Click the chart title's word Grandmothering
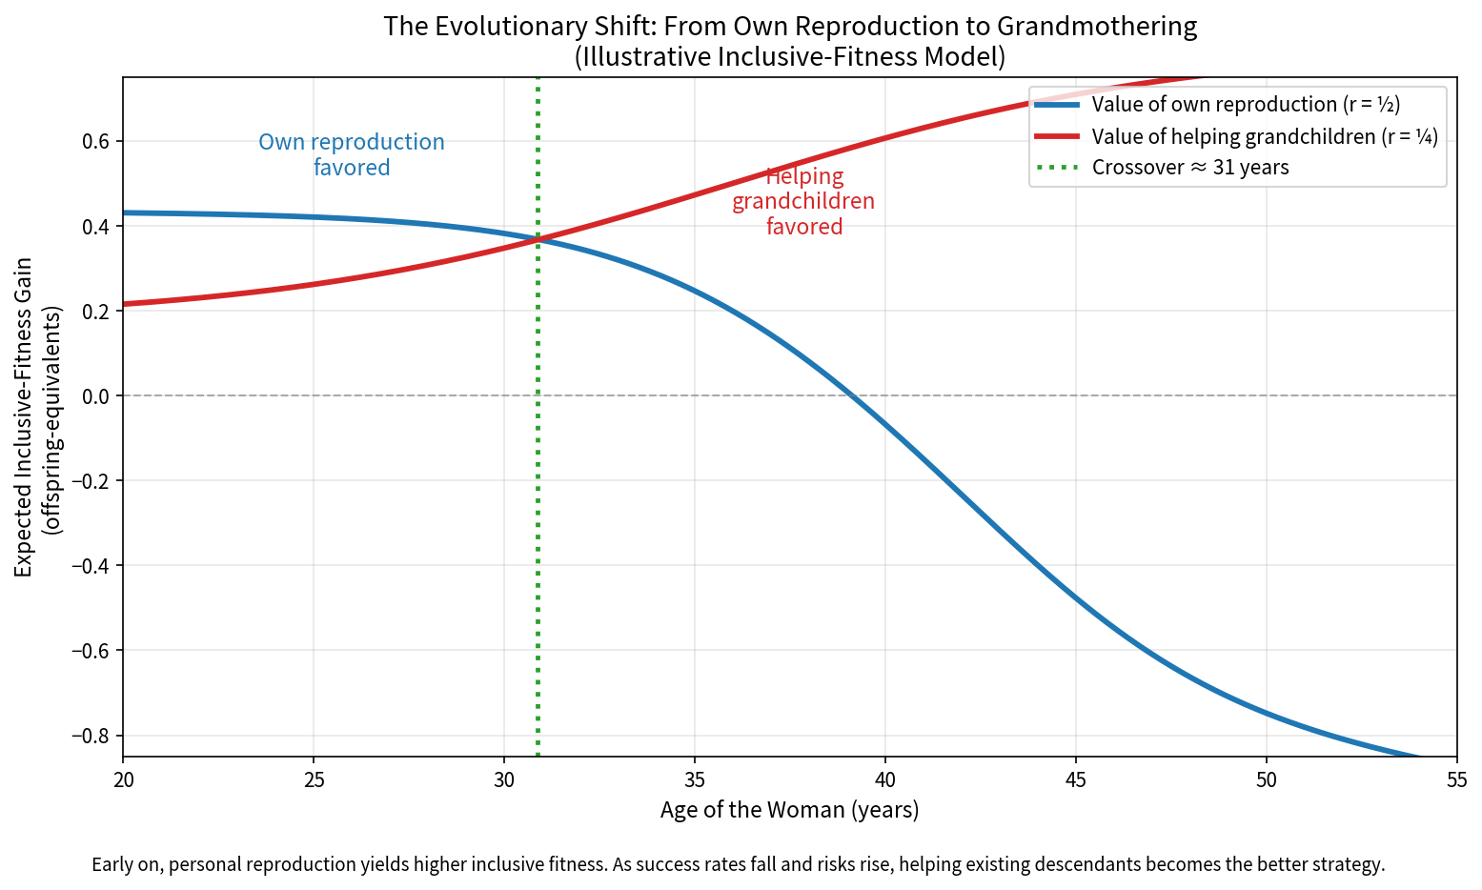tap(1097, 27)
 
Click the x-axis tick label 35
tap(695, 780)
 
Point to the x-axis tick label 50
tap(1267, 780)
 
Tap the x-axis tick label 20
tap(123, 780)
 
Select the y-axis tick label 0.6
tap(95, 142)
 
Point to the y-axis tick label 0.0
tap(95, 395)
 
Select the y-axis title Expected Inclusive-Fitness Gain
tap(23, 416)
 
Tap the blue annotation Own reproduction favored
tap(352, 154)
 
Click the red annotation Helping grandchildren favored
tap(803, 201)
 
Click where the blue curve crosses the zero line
tap(852, 395)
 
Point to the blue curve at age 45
tap(1076, 598)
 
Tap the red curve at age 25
tap(314, 285)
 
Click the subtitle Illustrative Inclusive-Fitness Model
tap(790, 57)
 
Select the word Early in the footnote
tap(113, 865)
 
